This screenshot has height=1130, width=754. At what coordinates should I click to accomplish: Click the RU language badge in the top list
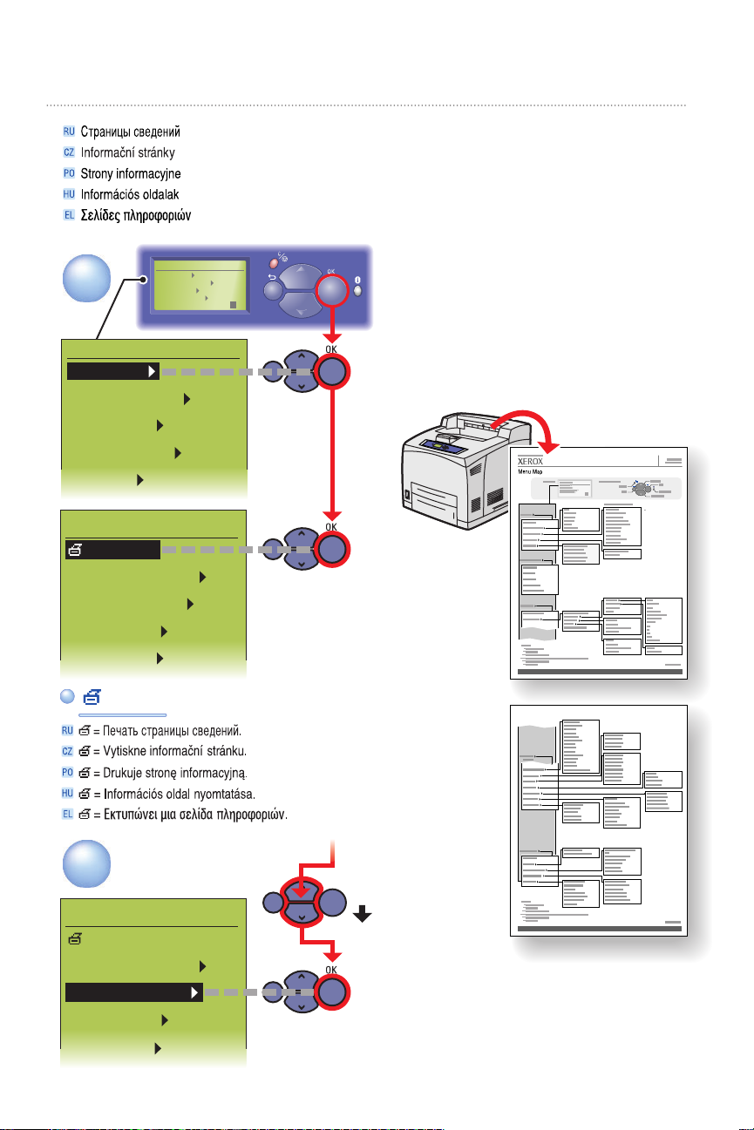coord(69,132)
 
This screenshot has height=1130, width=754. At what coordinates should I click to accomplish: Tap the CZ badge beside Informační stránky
coord(69,152)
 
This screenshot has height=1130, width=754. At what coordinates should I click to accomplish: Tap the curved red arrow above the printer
coord(516,428)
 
